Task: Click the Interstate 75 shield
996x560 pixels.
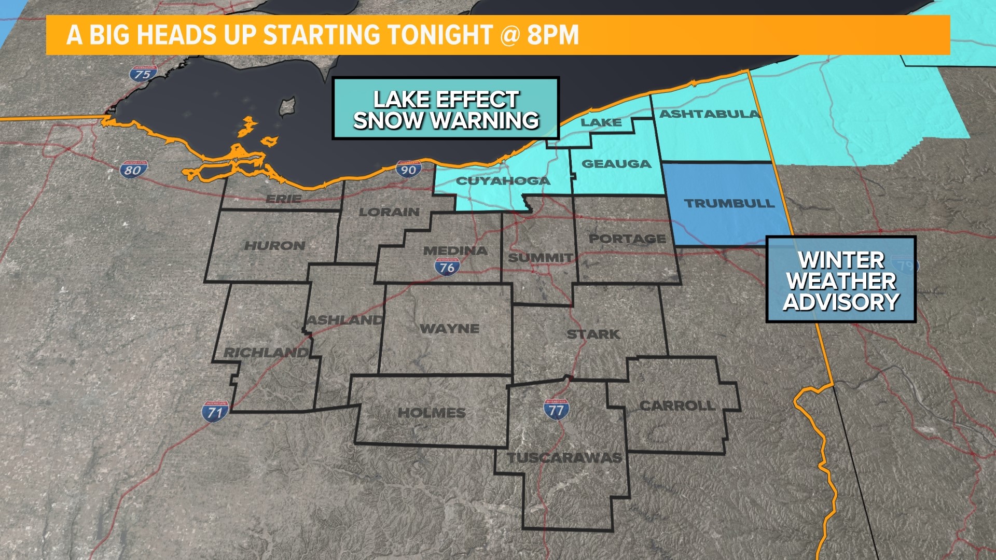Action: click(x=143, y=74)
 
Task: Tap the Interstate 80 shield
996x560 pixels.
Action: click(x=133, y=170)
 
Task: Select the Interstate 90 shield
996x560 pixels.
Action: click(x=409, y=170)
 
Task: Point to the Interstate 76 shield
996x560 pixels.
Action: click(x=447, y=267)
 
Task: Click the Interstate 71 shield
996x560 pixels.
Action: click(x=215, y=412)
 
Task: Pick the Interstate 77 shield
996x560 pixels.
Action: click(x=556, y=410)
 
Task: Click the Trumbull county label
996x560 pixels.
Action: click(x=729, y=203)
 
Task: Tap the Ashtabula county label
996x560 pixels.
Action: click(x=709, y=114)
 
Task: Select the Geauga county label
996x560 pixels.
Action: click(x=616, y=164)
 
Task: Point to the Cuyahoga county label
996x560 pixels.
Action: click(x=503, y=181)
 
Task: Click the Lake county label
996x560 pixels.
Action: click(x=601, y=122)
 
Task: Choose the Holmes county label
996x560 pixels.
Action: click(x=432, y=413)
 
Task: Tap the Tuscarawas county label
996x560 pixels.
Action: click(x=564, y=457)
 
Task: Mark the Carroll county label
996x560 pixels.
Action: click(x=677, y=405)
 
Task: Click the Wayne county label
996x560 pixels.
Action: click(x=449, y=328)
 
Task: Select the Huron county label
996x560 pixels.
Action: click(x=274, y=245)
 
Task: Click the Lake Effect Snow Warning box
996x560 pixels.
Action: click(x=446, y=109)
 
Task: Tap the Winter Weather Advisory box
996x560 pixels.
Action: click(x=841, y=280)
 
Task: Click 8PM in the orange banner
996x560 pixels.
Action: click(x=552, y=35)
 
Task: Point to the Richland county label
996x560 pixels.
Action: click(x=266, y=352)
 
